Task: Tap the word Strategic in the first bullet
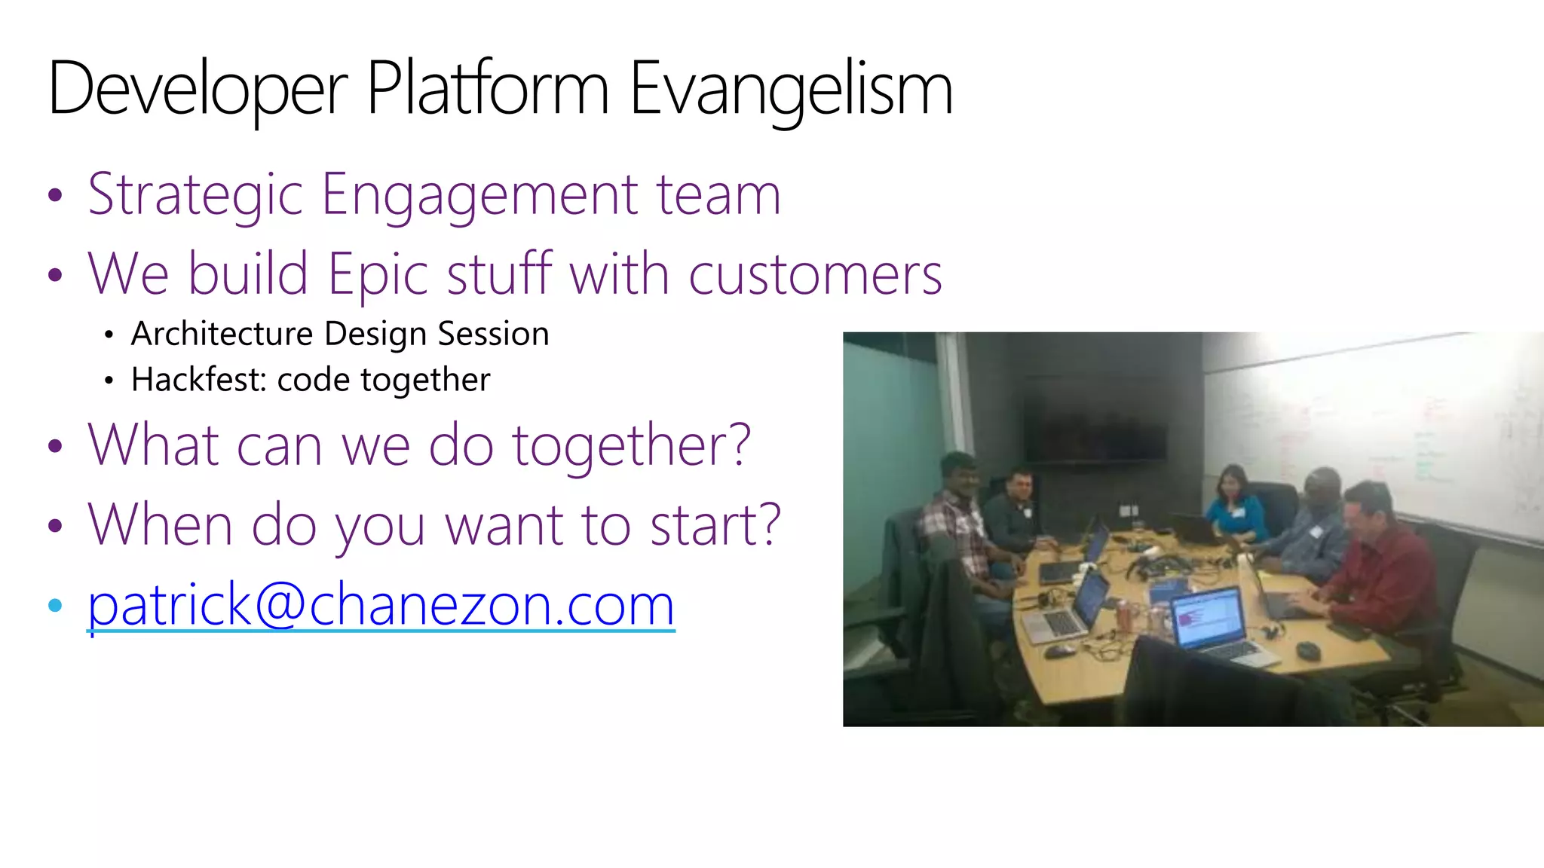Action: (x=195, y=195)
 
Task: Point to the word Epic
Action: (x=378, y=274)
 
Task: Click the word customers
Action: (x=815, y=274)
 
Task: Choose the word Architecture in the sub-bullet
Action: (x=222, y=334)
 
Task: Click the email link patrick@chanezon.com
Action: (x=381, y=605)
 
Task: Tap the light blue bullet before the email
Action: (x=54, y=605)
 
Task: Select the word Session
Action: (x=493, y=334)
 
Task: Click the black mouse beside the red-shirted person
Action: (x=1309, y=649)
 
